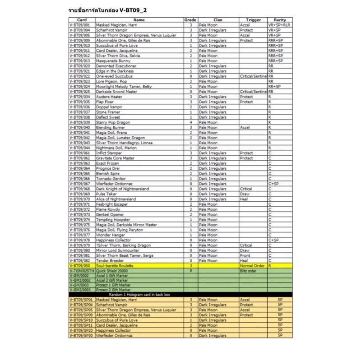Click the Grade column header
tap(190, 20)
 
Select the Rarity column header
tap(280, 20)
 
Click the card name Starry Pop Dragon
tap(113, 122)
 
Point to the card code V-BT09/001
tap(82, 25)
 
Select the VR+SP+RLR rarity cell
tap(280, 25)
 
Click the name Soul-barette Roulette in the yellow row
tap(115, 266)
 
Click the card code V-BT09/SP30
tap(82, 335)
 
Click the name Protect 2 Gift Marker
tap(113, 290)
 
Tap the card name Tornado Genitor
tap(111, 178)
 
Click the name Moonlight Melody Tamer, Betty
tap(121, 86)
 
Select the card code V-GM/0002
tap(79, 275)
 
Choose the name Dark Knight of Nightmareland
tap(122, 189)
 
